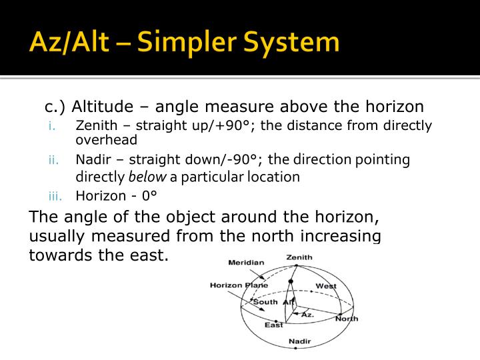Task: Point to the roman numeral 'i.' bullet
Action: point(53,126)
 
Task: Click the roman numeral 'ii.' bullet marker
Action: point(53,160)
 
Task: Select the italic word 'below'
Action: point(146,177)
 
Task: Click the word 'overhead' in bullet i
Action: point(107,140)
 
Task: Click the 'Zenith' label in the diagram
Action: point(299,257)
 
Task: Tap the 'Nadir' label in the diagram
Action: point(299,342)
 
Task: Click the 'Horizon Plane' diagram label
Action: point(239,285)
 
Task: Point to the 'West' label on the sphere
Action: point(326,286)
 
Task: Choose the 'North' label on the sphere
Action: point(346,319)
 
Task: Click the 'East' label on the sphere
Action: point(273,325)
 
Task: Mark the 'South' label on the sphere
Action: point(265,302)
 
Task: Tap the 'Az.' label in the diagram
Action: point(307,313)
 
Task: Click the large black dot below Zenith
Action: point(291,282)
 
